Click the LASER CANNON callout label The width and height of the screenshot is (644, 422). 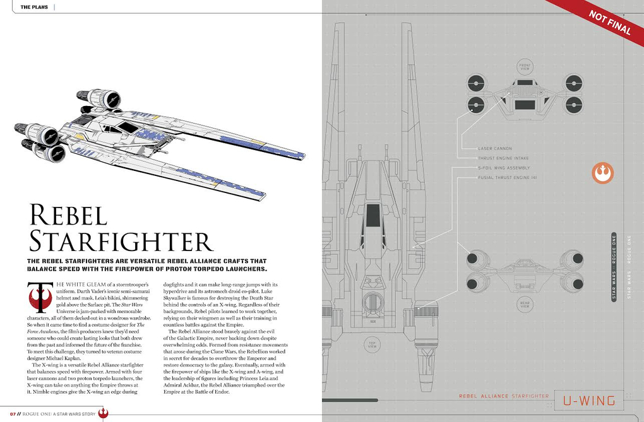496,149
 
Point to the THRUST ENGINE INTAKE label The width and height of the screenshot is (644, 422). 504,158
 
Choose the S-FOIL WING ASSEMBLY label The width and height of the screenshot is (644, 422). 504,168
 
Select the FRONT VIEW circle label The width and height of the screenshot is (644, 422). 525,67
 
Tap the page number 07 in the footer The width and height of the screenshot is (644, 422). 5,414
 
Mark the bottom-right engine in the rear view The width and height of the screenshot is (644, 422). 573,280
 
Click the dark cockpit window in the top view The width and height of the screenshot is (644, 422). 373,215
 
